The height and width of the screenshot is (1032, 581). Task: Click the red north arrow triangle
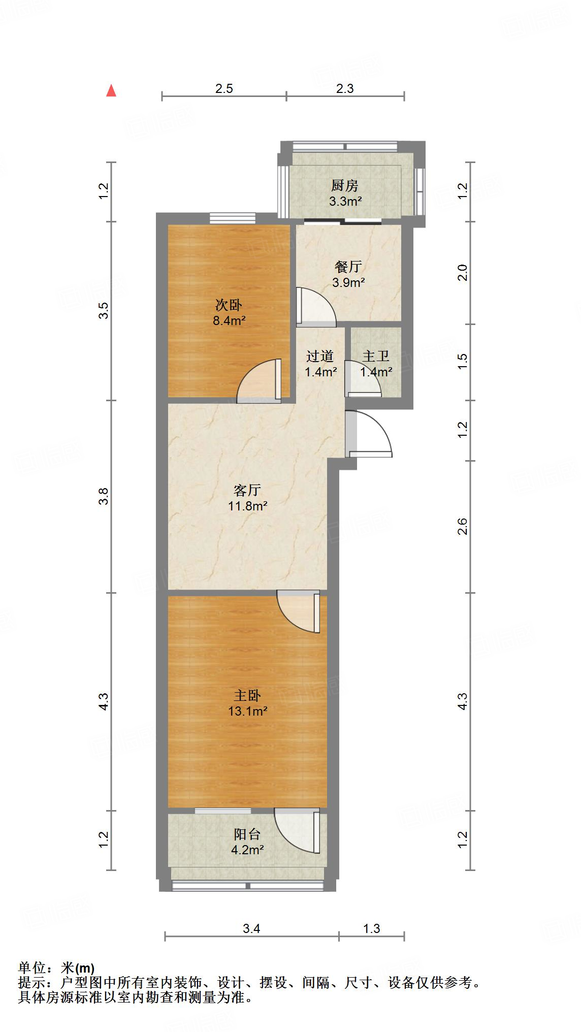tap(111, 91)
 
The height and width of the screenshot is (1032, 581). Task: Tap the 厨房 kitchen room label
tap(345, 185)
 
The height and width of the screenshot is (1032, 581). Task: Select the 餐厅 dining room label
tap(348, 266)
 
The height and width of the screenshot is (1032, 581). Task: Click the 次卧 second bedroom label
tap(229, 305)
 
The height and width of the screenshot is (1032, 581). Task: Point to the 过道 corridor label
tap(320, 356)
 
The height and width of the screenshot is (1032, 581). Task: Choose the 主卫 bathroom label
tap(376, 356)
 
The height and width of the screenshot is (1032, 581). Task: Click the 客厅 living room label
tap(247, 490)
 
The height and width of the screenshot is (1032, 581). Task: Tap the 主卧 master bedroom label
tap(247, 695)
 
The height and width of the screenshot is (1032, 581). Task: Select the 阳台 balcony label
tap(247, 834)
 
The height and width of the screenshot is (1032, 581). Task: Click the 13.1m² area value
tap(247, 711)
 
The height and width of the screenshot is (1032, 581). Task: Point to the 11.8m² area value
tap(247, 506)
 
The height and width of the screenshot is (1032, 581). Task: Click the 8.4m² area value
tap(229, 320)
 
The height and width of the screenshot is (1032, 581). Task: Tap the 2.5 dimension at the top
tap(224, 88)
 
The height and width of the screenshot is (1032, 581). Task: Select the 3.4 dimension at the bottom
tap(251, 928)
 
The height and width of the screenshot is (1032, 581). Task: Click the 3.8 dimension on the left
tap(104, 496)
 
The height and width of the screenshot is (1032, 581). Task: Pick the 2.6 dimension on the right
tap(462, 526)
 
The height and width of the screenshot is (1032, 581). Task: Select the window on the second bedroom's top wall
tap(233, 218)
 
